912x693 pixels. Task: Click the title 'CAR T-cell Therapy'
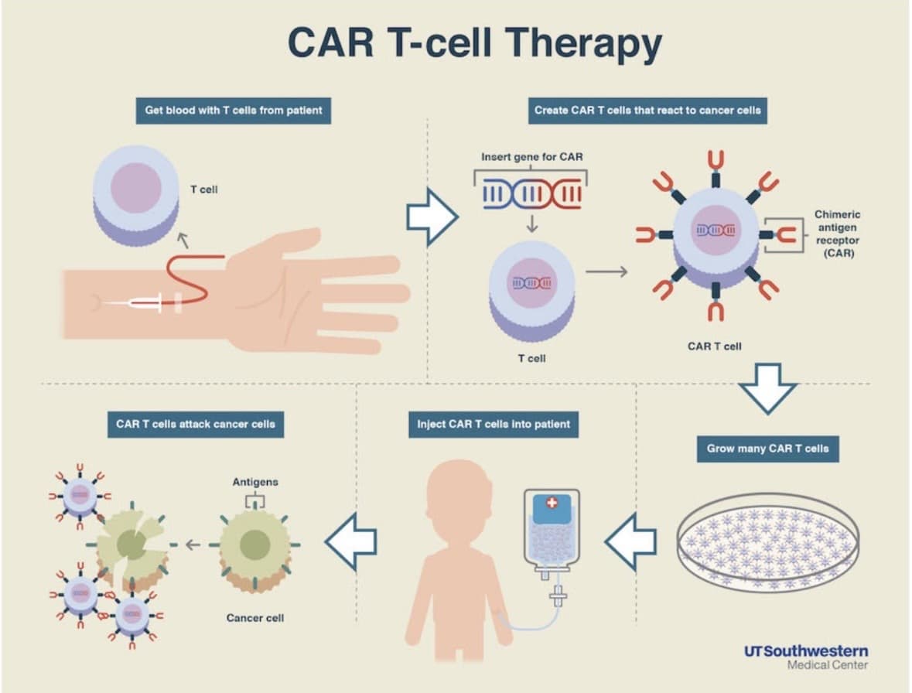[475, 43]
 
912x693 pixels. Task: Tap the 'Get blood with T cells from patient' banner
[234, 111]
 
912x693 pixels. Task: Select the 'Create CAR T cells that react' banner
[647, 111]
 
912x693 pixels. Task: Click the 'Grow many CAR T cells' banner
[768, 449]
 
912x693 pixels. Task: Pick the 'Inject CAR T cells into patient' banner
[494, 425]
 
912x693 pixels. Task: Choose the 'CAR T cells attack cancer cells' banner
[196, 425]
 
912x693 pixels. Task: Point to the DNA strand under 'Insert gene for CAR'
[531, 194]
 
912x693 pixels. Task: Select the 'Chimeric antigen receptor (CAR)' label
[837, 234]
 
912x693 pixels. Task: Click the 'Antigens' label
[254, 482]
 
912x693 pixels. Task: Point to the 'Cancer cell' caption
[254, 618]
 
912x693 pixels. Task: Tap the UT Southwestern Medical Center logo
[806, 657]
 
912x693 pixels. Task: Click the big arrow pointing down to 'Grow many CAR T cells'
[767, 388]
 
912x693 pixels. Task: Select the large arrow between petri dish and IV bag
[630, 542]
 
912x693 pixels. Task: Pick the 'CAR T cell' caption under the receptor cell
[714, 346]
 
